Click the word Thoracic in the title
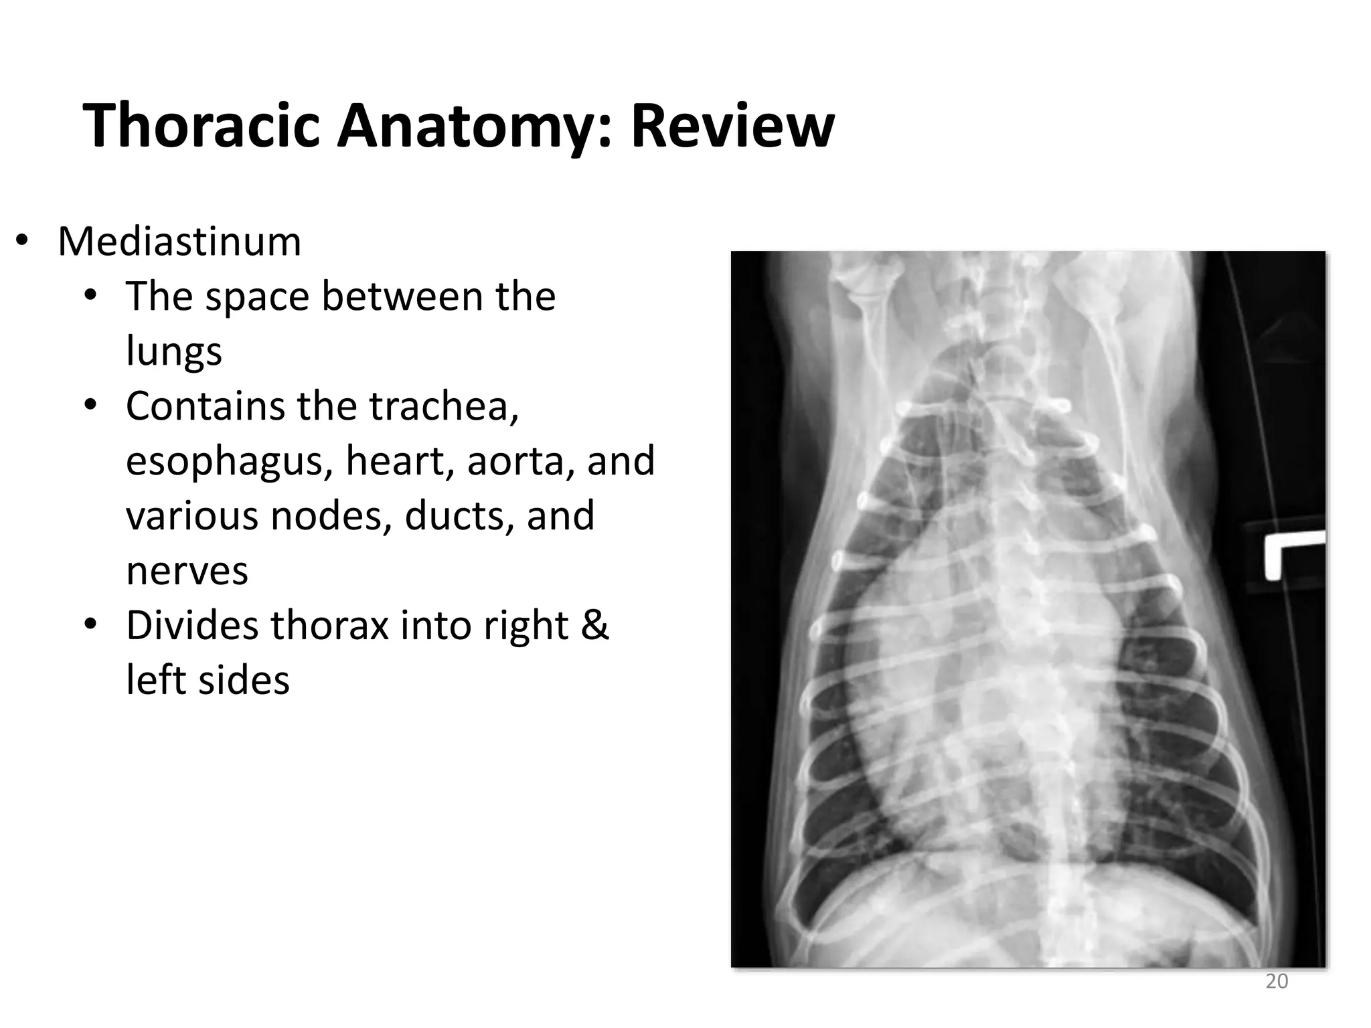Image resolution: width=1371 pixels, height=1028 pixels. click(x=201, y=126)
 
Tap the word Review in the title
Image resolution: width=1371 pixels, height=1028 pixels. click(x=732, y=126)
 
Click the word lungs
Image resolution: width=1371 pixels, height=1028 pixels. click(x=173, y=351)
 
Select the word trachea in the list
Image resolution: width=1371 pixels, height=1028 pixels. click(x=443, y=406)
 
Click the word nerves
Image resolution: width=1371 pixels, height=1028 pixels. click(x=187, y=571)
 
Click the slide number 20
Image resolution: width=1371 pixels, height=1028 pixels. click(x=1277, y=981)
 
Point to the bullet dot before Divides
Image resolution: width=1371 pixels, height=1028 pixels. click(x=90, y=625)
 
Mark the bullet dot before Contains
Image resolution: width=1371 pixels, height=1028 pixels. click(x=90, y=406)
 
